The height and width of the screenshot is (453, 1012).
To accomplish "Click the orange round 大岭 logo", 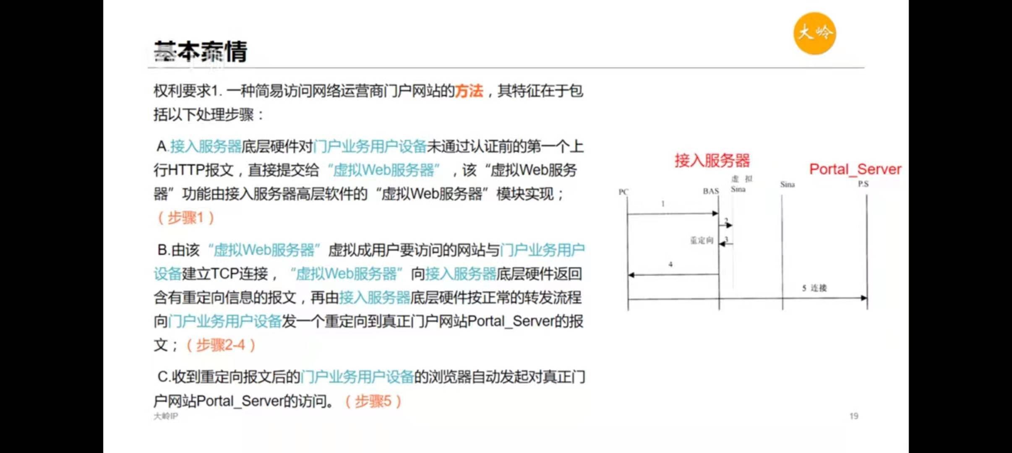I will pyautogui.click(x=814, y=34).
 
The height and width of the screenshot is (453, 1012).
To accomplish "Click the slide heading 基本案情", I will pyautogui.click(x=201, y=52).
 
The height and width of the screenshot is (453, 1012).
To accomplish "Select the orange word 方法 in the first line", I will pyautogui.click(x=469, y=91).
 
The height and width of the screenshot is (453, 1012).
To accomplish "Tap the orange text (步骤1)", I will pyautogui.click(x=186, y=218).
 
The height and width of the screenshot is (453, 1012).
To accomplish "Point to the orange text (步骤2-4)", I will pyautogui.click(x=221, y=345).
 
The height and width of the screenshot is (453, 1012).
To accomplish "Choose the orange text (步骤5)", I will pyautogui.click(x=373, y=401).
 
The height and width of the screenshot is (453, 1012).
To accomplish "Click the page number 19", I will pyautogui.click(x=853, y=416).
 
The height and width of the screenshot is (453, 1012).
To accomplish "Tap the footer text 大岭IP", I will pyautogui.click(x=166, y=416).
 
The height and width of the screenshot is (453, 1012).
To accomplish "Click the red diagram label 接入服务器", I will pyautogui.click(x=712, y=160).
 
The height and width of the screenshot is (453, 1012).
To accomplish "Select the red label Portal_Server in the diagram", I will pyautogui.click(x=855, y=169).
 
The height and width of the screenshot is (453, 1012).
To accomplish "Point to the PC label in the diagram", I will pyautogui.click(x=623, y=192).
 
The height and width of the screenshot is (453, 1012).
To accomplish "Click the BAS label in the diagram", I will pyautogui.click(x=711, y=191).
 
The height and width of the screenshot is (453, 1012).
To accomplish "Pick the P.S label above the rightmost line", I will pyautogui.click(x=863, y=184).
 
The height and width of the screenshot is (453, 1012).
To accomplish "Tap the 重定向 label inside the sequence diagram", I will pyautogui.click(x=702, y=240).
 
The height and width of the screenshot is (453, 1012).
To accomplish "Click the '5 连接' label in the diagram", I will pyautogui.click(x=814, y=288).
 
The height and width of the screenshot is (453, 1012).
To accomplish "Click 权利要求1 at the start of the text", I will pyautogui.click(x=187, y=91).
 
